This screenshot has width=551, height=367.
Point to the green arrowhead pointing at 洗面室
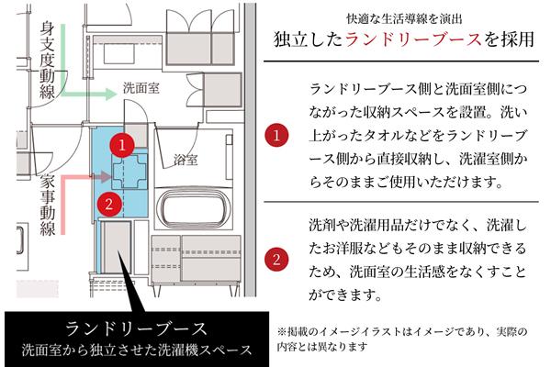click(111, 91)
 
